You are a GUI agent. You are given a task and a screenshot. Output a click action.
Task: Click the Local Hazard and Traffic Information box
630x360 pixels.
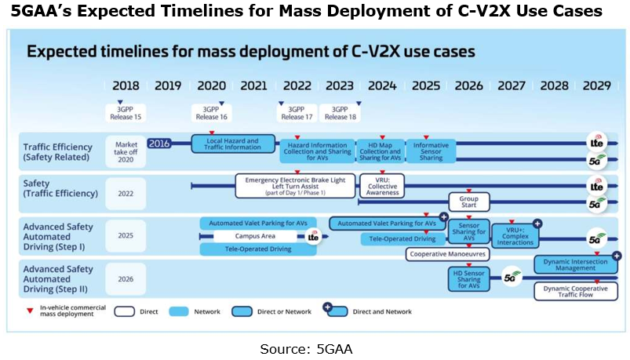(x=235, y=144)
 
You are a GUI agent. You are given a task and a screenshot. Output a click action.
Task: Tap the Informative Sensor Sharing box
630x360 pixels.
(x=430, y=151)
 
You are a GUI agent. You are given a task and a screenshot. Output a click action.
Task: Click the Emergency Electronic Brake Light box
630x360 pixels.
(x=294, y=186)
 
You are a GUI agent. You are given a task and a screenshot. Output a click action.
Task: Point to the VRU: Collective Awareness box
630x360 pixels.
(x=380, y=186)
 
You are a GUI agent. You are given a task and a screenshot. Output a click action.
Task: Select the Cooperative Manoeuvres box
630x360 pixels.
(x=447, y=254)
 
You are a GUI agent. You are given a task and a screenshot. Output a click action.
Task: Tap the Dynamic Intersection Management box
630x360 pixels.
(x=576, y=264)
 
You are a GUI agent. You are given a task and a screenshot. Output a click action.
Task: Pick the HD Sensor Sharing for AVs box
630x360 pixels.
(x=469, y=279)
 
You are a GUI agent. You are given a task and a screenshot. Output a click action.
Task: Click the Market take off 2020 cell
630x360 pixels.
(x=126, y=150)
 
